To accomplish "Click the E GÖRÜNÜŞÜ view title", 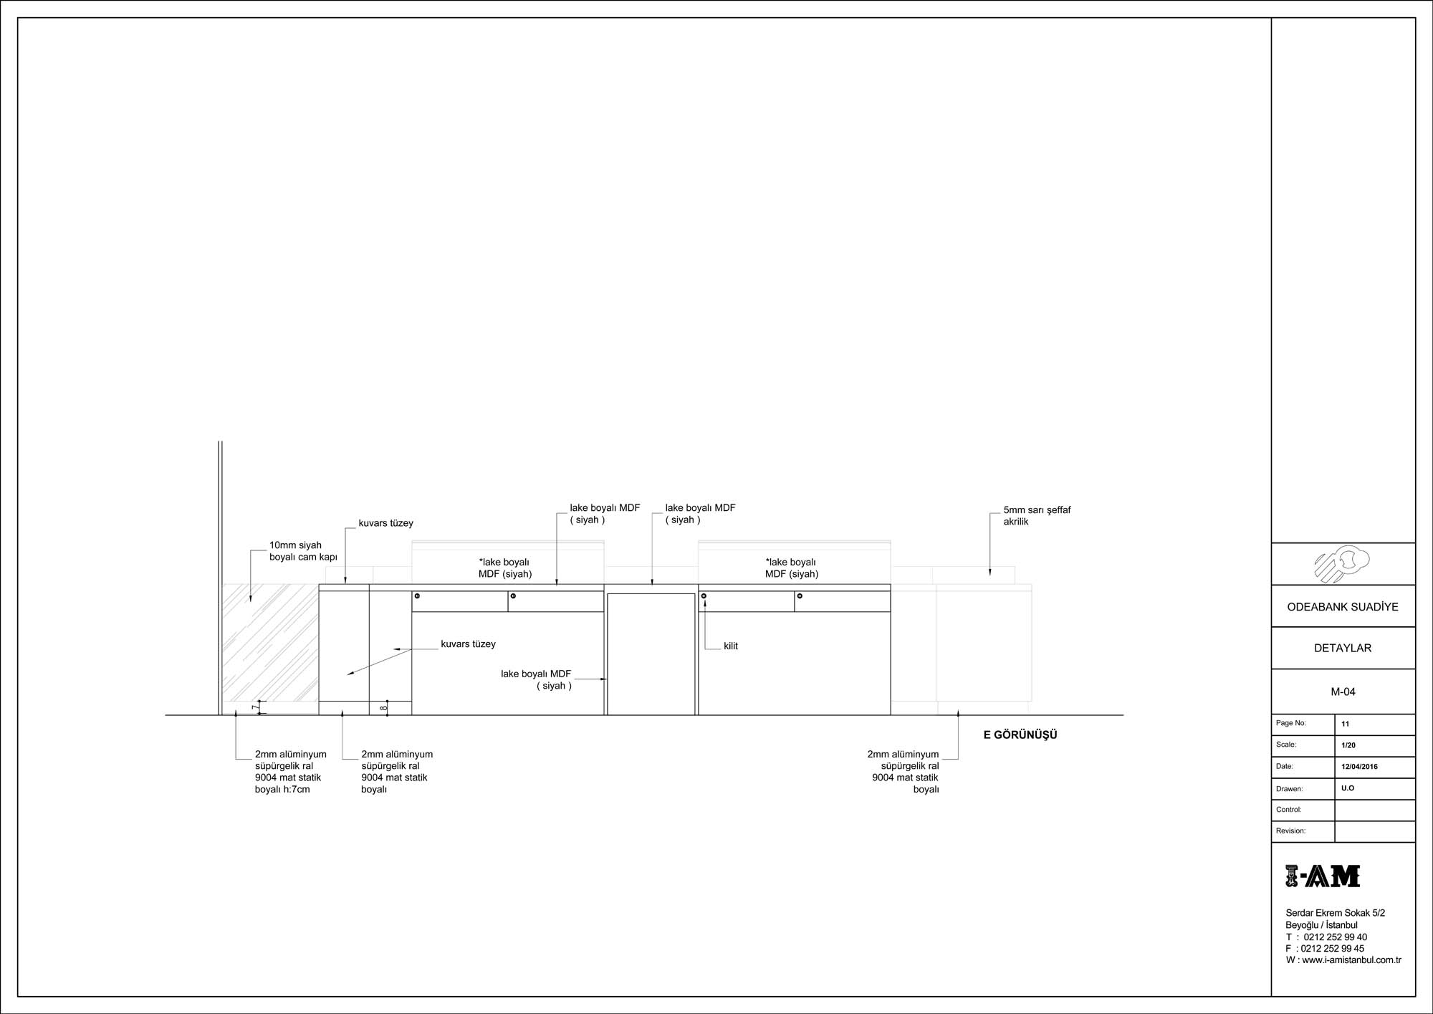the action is pos(1020,735).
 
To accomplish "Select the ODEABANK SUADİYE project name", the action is pos(1343,607).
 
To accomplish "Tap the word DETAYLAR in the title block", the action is pos(1343,648).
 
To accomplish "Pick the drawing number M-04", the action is pos(1343,692).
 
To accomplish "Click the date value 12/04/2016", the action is pos(1360,767).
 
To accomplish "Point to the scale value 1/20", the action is pos(1348,745).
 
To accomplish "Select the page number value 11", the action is pos(1345,724).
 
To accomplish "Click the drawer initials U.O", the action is pos(1348,788).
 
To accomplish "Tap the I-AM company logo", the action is pos(1323,876).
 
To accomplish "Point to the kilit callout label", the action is pos(731,646).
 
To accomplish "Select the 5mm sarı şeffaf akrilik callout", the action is pos(1037,516).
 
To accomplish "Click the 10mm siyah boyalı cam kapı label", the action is pos(303,551).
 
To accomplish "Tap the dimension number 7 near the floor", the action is pos(256,707).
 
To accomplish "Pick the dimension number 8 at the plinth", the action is pos(383,708).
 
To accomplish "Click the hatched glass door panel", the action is pos(270,643).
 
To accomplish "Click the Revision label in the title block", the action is pos(1291,831).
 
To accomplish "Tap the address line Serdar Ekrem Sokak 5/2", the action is pos(1336,913).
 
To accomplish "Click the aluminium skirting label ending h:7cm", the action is pos(291,772).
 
